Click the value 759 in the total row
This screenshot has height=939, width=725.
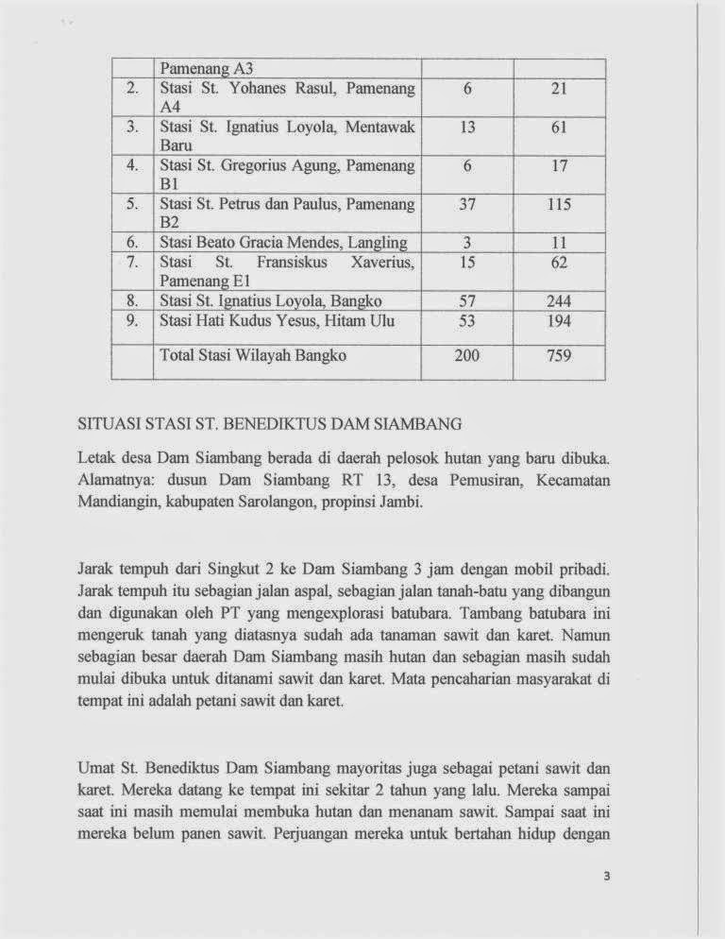click(559, 356)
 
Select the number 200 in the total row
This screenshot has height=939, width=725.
click(466, 356)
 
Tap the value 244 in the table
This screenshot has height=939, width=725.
click(559, 301)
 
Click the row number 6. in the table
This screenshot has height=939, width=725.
click(132, 243)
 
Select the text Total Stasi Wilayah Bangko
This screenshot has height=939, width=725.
click(254, 356)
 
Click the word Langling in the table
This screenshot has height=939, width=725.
click(377, 243)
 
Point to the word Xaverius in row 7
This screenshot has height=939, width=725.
click(382, 262)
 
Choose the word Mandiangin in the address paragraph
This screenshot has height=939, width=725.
click(119, 502)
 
